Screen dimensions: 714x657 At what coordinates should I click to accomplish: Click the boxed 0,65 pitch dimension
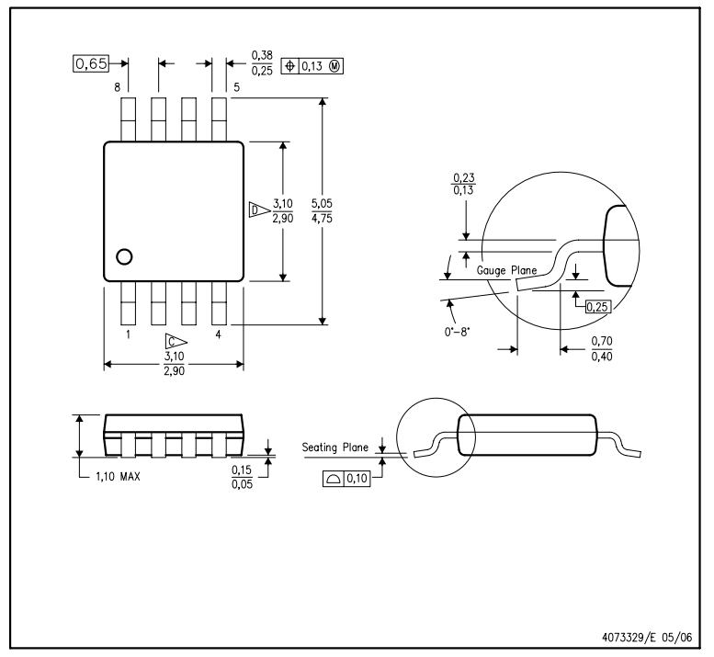click(91, 63)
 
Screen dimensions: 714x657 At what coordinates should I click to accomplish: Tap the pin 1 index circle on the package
click(124, 256)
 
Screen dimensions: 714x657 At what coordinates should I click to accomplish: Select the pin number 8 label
click(118, 87)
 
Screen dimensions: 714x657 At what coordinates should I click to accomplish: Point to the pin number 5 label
click(236, 87)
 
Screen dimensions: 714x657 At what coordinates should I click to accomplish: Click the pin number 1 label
click(128, 334)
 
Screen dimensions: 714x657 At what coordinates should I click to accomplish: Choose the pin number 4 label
click(218, 334)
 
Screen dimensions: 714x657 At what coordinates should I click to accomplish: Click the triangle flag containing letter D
click(259, 210)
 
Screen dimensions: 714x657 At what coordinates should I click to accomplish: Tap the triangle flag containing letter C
click(176, 342)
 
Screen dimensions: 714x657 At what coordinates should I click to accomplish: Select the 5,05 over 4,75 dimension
click(322, 210)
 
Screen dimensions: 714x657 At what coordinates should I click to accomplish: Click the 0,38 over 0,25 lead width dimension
click(262, 62)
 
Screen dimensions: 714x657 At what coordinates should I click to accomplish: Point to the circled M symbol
click(334, 66)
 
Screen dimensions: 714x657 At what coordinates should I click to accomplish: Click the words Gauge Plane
click(506, 270)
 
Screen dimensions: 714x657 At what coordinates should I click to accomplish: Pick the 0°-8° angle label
click(457, 332)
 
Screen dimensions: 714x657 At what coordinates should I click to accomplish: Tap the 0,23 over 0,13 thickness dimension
click(463, 184)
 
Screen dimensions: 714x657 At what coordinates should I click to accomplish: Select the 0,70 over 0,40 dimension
click(602, 348)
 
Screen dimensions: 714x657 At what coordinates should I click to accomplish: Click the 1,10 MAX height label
click(118, 477)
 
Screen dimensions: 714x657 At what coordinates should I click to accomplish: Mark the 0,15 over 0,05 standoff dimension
click(242, 477)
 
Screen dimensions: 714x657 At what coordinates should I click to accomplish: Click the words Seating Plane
click(335, 447)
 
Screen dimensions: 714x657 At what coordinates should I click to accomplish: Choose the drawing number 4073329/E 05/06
click(647, 637)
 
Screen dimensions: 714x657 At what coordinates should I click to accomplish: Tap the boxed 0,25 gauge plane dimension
click(597, 306)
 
